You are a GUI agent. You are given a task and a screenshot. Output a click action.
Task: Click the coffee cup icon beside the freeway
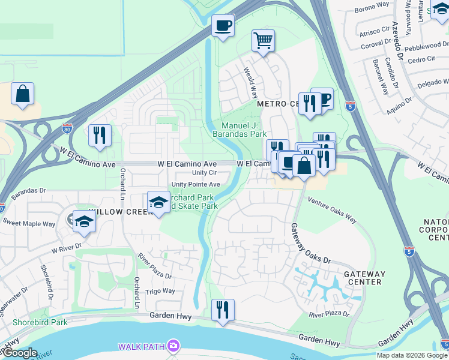223,26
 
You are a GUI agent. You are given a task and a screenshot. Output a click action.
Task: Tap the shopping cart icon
263,41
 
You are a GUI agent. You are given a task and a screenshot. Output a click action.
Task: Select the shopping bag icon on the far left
22,94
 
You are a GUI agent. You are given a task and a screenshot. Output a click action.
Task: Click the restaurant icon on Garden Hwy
223,310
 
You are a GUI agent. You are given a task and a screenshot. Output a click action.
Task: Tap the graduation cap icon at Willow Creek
158,203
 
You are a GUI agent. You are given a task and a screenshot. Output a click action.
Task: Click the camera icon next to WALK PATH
173,346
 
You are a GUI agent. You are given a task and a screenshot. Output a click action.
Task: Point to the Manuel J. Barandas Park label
239,130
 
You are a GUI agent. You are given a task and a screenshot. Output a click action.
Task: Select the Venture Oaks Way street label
332,211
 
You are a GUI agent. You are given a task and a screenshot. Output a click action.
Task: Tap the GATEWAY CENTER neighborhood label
364,278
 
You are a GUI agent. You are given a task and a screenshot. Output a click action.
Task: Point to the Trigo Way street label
160,291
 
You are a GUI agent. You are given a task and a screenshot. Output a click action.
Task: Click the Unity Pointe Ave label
196,184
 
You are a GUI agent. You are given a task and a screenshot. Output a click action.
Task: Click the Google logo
19,353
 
